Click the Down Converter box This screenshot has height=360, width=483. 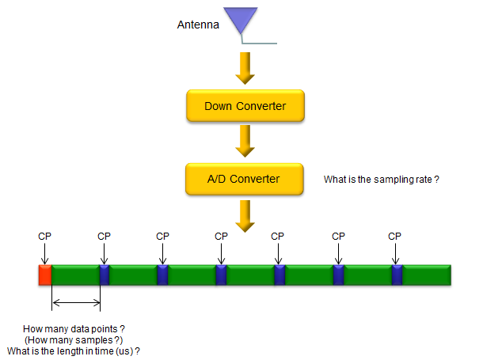(x=245, y=105)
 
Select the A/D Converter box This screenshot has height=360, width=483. (x=245, y=179)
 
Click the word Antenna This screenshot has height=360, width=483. (x=198, y=25)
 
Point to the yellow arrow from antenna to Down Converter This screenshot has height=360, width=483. (x=245, y=68)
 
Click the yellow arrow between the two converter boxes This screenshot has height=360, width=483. (x=245, y=141)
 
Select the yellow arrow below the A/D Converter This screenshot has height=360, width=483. (x=245, y=216)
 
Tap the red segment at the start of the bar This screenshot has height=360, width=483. (x=45, y=275)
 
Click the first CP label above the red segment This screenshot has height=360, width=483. (x=44, y=237)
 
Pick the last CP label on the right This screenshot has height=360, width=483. (x=394, y=237)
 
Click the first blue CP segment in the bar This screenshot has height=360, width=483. (x=105, y=275)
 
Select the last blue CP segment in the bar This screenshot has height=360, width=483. (x=397, y=275)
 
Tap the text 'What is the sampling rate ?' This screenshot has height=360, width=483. (x=382, y=180)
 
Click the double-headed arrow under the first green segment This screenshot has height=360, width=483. (x=76, y=303)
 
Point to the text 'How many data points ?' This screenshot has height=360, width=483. (x=74, y=329)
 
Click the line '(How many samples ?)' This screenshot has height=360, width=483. (x=74, y=340)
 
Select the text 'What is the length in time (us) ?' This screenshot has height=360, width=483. (x=74, y=351)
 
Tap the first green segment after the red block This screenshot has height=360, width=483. (x=75, y=275)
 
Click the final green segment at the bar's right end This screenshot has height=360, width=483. (x=427, y=275)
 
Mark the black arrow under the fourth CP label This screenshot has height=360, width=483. (x=221, y=254)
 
